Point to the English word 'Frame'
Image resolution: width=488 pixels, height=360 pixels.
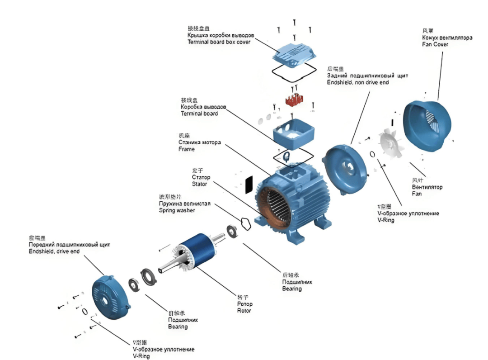coord(186,149)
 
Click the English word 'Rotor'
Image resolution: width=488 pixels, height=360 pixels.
coord(244,311)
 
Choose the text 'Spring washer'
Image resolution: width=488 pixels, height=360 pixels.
coord(177,211)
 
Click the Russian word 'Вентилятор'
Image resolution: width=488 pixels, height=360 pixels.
coord(427,187)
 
